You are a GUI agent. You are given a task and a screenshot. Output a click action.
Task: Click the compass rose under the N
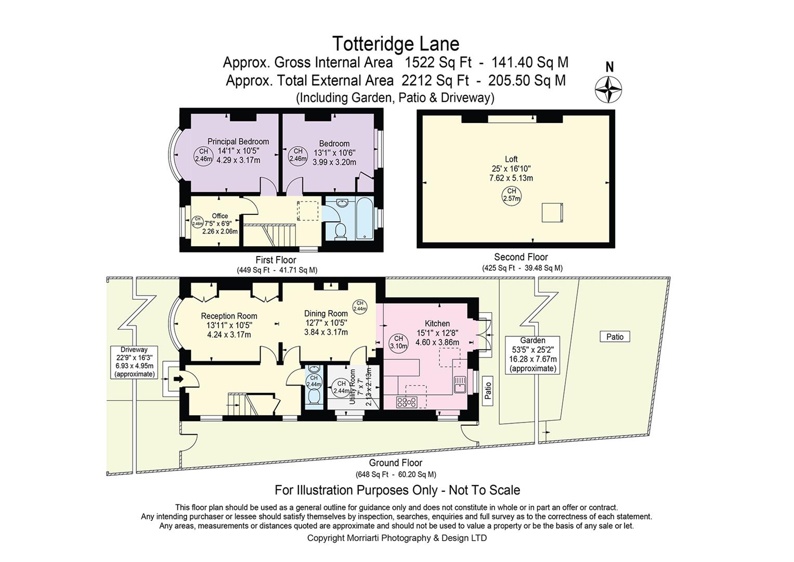[609, 89]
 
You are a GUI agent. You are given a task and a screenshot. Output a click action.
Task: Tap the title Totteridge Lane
[395, 43]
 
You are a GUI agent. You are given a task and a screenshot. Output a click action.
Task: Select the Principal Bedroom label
[238, 142]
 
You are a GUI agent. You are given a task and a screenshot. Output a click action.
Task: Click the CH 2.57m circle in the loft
[512, 195]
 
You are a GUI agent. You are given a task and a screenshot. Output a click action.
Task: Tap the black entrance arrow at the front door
[178, 379]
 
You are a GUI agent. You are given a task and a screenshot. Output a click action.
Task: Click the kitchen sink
[460, 384]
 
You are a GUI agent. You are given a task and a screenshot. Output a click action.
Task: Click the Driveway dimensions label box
[134, 362]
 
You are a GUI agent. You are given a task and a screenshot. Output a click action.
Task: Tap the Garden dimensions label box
[533, 354]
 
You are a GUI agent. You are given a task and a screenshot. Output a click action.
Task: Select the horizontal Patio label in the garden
[615, 337]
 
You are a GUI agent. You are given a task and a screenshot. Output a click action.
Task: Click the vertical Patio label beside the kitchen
[488, 390]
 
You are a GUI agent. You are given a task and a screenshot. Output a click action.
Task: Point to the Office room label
[219, 216]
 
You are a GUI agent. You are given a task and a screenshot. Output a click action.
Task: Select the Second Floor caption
[521, 257]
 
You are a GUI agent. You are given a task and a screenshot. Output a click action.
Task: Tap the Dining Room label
[326, 313]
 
